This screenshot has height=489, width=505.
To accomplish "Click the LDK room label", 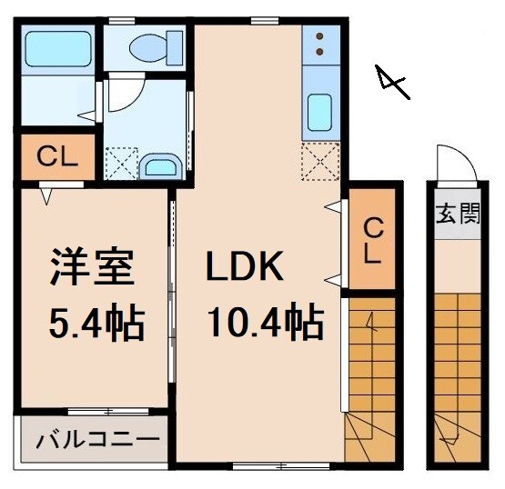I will point(246,268).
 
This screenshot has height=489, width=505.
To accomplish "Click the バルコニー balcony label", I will point(97,442).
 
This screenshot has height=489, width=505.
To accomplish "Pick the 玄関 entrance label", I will point(458,216).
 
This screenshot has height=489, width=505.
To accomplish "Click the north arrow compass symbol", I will point(391,83).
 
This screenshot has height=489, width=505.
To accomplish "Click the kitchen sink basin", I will point(320,113).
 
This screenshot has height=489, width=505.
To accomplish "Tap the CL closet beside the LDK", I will point(372,240).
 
